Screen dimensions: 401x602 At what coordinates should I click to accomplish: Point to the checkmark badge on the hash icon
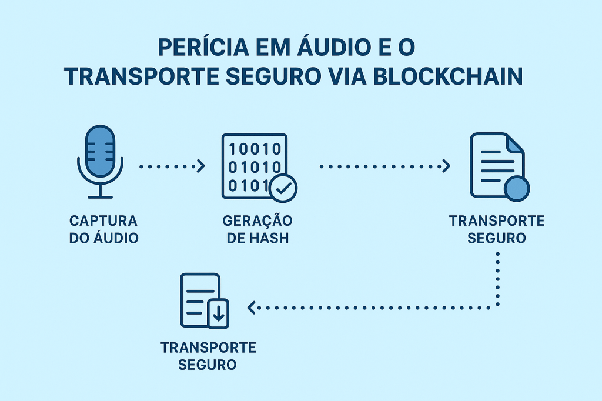283,188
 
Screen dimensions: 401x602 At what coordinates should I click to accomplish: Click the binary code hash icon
254,166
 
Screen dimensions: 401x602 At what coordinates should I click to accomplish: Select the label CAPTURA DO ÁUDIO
103,230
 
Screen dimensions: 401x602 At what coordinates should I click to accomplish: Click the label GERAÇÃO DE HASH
257,230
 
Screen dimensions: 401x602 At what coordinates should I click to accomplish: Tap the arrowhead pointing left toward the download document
252,307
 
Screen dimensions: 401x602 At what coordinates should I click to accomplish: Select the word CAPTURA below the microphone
103,221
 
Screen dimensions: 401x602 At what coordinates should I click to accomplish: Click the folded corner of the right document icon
515,143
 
